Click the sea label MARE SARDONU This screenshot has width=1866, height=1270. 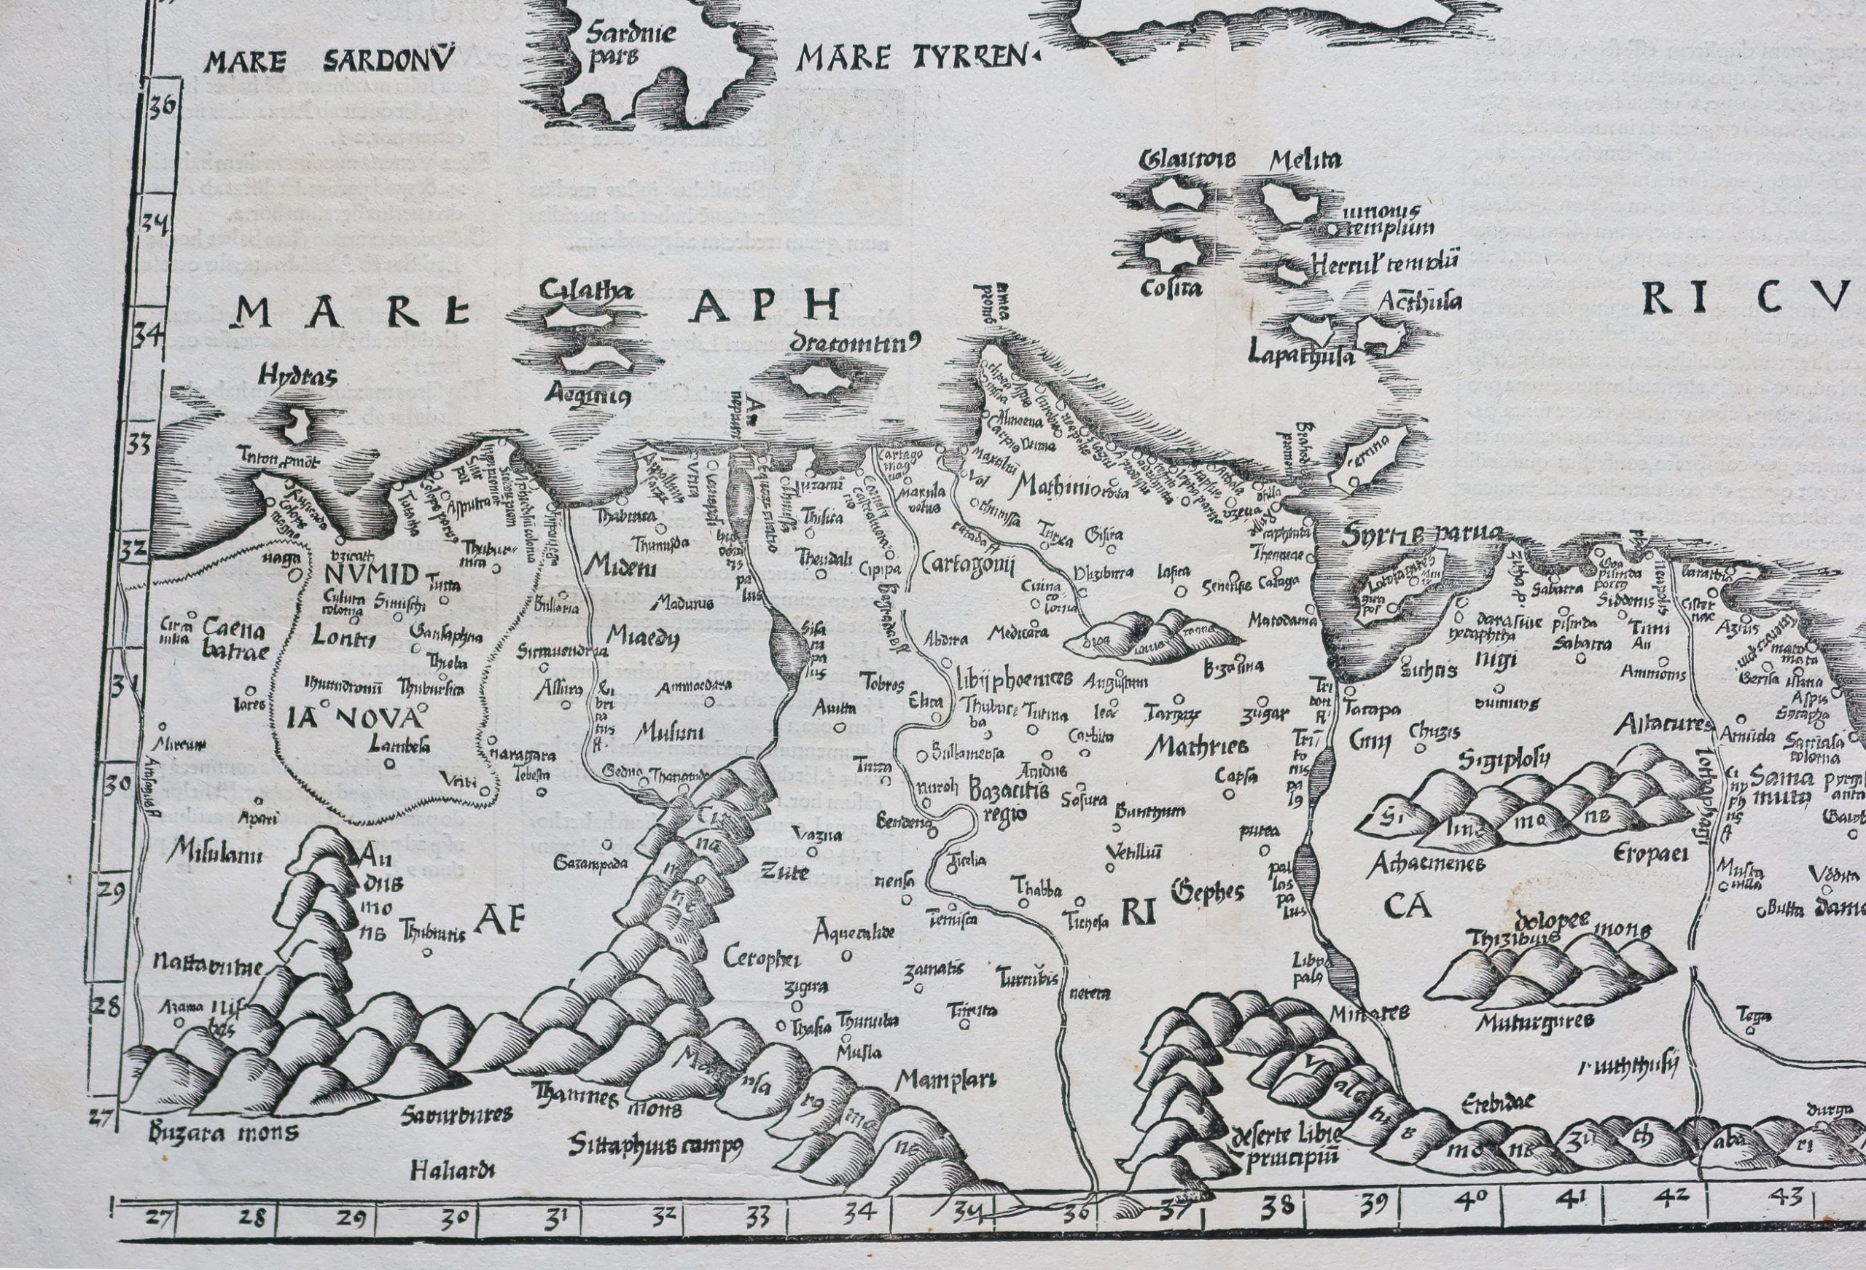[x=329, y=61]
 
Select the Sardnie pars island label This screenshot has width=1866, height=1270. [x=630, y=46]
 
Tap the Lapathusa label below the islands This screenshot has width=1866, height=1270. [x=1301, y=354]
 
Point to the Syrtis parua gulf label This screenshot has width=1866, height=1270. [x=1421, y=534]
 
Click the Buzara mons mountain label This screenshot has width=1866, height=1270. [x=223, y=1134]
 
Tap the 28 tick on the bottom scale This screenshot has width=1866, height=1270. [x=252, y=1218]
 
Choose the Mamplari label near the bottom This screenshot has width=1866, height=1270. [x=945, y=1080]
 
